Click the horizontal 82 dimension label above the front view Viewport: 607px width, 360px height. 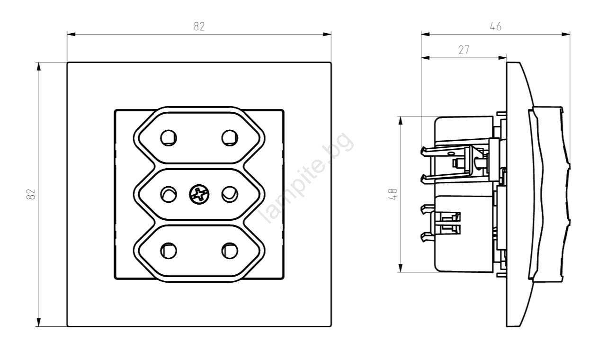click(x=199, y=27)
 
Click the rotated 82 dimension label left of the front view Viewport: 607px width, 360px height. click(x=31, y=194)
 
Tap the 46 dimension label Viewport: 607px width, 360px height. click(x=496, y=27)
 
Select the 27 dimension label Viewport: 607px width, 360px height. click(x=464, y=50)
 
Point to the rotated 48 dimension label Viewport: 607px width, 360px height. click(x=393, y=194)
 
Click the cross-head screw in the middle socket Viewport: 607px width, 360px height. click(x=199, y=194)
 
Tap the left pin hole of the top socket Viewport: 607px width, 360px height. click(x=169, y=138)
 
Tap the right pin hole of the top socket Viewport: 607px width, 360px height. click(x=230, y=138)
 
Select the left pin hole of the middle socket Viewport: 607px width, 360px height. click(x=169, y=194)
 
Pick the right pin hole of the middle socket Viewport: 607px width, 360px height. click(x=230, y=194)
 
